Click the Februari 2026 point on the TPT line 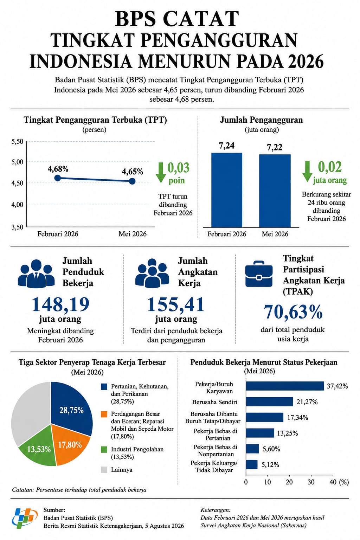pyautogui.click(x=57, y=178)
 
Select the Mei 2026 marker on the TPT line pyautogui.click(x=132, y=181)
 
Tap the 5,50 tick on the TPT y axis pyautogui.click(x=17, y=141)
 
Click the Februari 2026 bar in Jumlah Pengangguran pyautogui.click(x=227, y=190)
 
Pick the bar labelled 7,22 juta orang pyautogui.click(x=275, y=191)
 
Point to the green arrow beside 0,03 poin pyautogui.click(x=161, y=173)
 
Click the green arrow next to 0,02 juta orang pyautogui.click(x=307, y=172)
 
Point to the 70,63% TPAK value pyautogui.click(x=293, y=312)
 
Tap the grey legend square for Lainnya pyautogui.click(x=104, y=470)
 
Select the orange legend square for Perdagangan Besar pyautogui.click(x=104, y=414)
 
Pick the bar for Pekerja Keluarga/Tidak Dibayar pyautogui.click(x=252, y=464)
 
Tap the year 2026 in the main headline pyautogui.click(x=306, y=61)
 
